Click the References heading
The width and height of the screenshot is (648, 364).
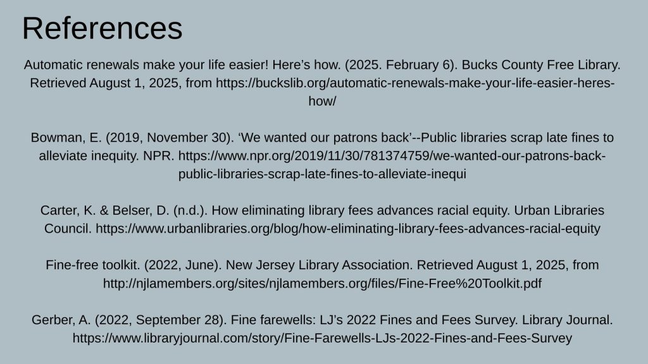coord(102,28)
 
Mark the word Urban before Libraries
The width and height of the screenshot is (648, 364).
coord(532,210)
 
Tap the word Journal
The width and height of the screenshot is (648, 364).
coord(588,320)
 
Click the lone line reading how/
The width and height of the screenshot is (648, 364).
coord(322,101)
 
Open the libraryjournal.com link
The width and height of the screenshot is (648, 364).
coord(322,338)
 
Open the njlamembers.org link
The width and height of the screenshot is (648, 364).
coord(322,284)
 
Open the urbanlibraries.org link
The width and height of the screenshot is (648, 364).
coord(348,229)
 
